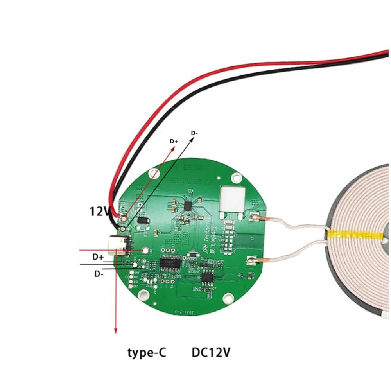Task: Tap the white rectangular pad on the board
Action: [233, 197]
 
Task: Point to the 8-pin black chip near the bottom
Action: [207, 278]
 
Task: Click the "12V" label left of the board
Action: [100, 212]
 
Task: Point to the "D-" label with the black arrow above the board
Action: [194, 133]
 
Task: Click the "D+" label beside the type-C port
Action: [98, 257]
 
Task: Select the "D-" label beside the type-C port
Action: [99, 273]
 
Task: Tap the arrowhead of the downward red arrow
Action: [115, 330]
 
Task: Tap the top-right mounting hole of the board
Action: [236, 178]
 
